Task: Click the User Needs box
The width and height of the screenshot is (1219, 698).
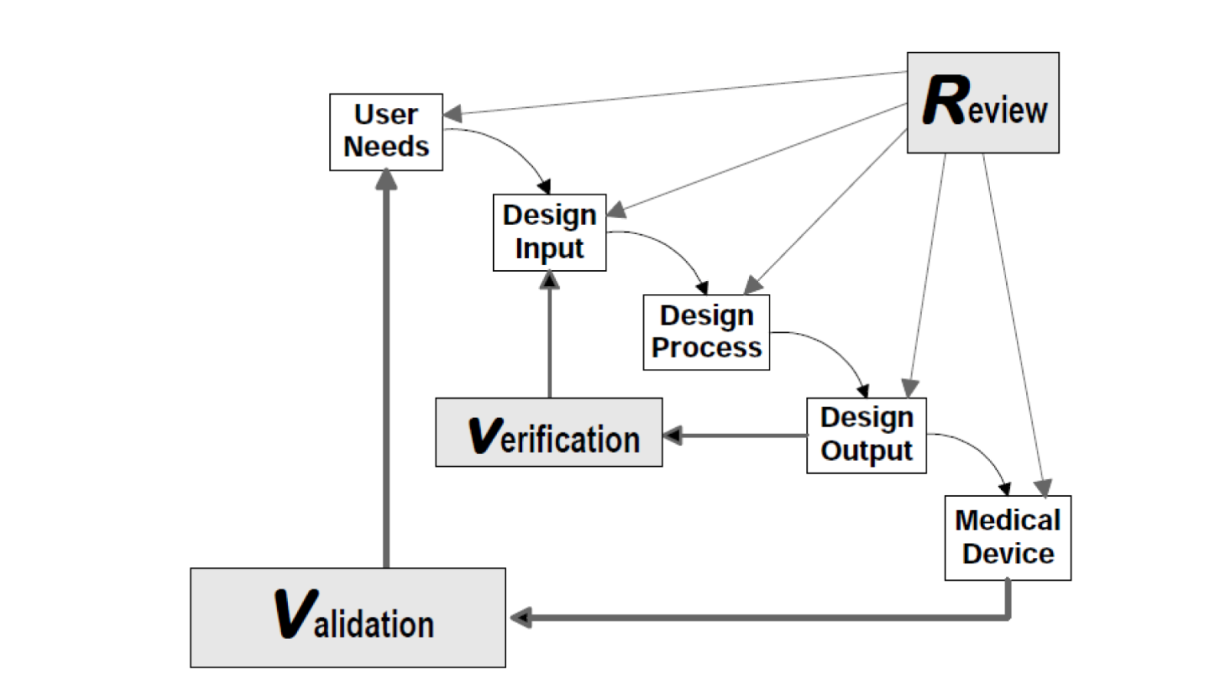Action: (x=386, y=132)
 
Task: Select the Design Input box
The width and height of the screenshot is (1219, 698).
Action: (x=549, y=232)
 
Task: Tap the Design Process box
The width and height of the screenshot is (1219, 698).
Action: (x=706, y=332)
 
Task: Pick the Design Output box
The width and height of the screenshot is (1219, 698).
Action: (x=866, y=435)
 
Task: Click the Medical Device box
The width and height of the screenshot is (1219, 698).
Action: (x=1007, y=537)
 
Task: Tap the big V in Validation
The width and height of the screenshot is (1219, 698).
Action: (x=294, y=613)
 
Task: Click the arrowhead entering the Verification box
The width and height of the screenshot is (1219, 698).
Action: (x=672, y=435)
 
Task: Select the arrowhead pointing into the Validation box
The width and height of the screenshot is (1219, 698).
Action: (x=521, y=618)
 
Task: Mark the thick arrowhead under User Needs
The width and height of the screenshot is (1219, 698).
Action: (x=386, y=179)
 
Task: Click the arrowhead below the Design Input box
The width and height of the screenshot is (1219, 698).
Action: (x=549, y=280)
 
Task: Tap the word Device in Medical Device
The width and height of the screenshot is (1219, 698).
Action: (x=1008, y=553)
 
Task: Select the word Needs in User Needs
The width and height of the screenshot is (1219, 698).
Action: (x=386, y=146)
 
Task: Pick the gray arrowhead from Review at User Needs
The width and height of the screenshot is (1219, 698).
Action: (x=452, y=114)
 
